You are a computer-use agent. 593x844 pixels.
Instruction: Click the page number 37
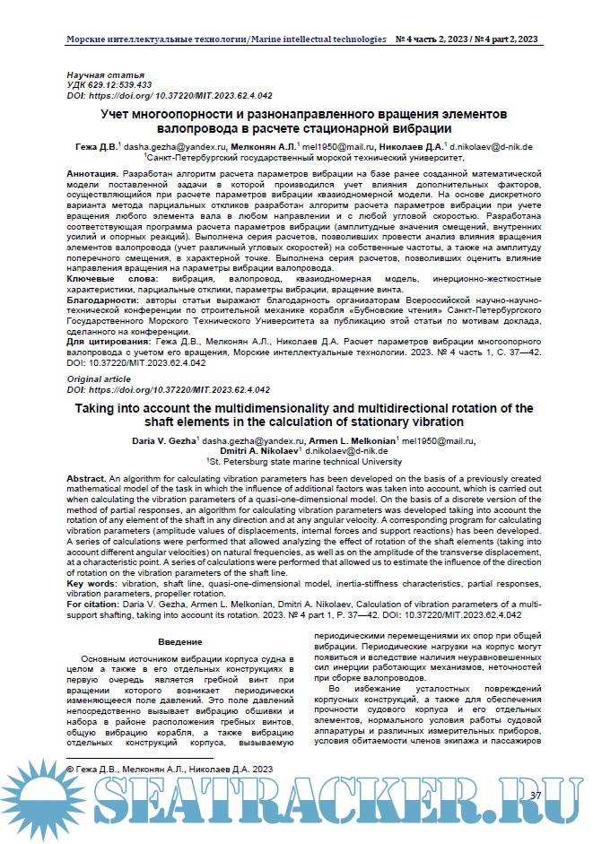tap(536, 796)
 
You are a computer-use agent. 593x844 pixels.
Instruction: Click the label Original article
tap(99, 380)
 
